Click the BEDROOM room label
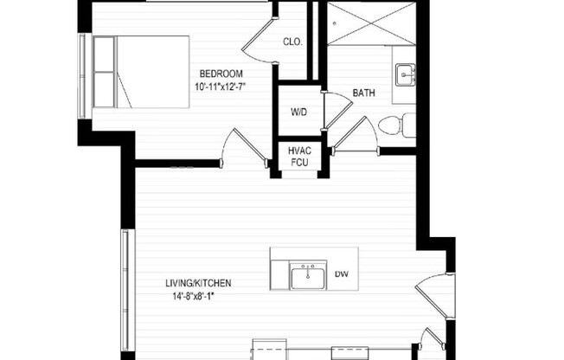point(221,73)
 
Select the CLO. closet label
point(292,42)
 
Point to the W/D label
point(298,112)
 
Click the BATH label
point(362,93)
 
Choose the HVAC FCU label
point(298,157)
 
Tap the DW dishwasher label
point(341,274)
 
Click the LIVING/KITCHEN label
point(198,283)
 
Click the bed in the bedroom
point(140,72)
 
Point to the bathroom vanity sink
point(404,76)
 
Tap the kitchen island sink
point(307,277)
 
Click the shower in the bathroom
point(370,22)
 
